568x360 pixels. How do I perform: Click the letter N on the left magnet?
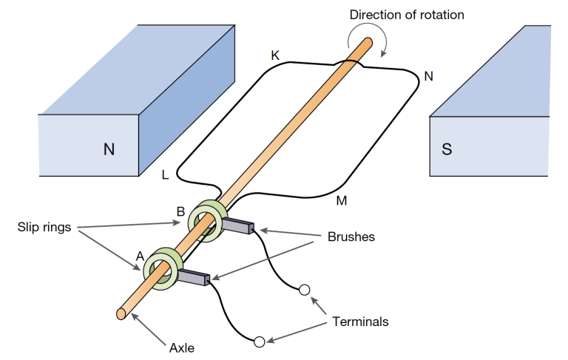pyautogui.click(x=109, y=149)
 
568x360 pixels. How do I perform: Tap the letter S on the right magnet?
pyautogui.click(x=446, y=149)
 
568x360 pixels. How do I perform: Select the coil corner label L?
pyautogui.click(x=165, y=175)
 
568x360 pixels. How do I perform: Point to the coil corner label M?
pyautogui.click(x=342, y=200)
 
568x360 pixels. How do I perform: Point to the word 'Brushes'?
pyautogui.click(x=351, y=237)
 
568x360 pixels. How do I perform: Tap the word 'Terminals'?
pyautogui.click(x=360, y=322)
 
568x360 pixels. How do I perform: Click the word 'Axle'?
pyautogui.click(x=181, y=347)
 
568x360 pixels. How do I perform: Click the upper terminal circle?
pyautogui.click(x=304, y=291)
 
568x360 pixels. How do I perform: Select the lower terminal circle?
pyautogui.click(x=259, y=342)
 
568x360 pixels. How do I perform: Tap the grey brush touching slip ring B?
pyautogui.click(x=238, y=226)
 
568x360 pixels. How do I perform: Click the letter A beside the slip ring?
pyautogui.click(x=139, y=256)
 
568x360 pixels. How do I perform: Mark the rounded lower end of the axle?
pyautogui.click(x=121, y=313)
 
